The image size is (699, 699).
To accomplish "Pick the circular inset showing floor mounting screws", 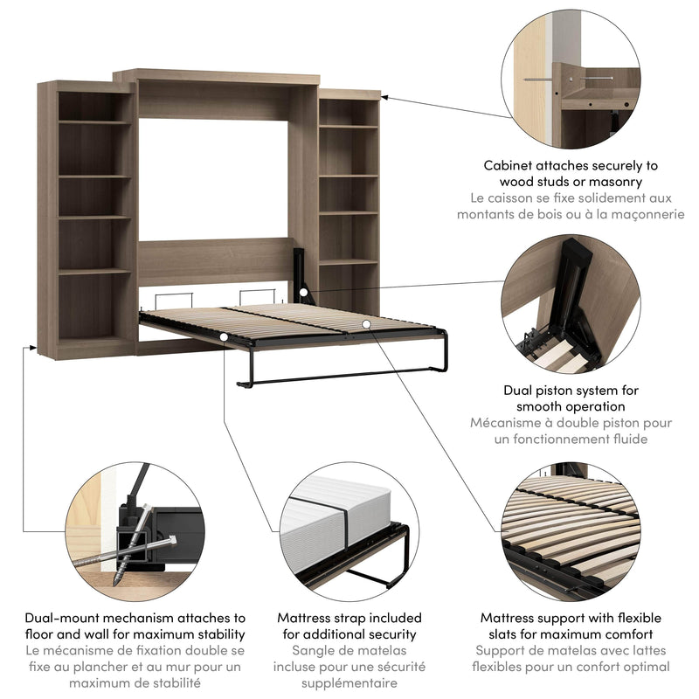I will click(x=135, y=533).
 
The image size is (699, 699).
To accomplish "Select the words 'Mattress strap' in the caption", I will click(x=322, y=618).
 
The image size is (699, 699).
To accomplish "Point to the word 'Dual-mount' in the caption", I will click(x=61, y=618).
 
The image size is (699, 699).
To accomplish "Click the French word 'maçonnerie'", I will click(x=642, y=215).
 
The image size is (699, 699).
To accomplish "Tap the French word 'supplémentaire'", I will click(x=349, y=684).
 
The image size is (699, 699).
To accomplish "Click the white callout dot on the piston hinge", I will click(x=301, y=293).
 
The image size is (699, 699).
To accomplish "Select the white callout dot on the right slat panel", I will click(x=368, y=325).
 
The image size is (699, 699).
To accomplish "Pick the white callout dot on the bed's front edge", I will click(x=225, y=336).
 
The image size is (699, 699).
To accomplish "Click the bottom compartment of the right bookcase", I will click(x=348, y=287).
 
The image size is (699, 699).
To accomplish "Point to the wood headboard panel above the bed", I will click(x=214, y=260).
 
